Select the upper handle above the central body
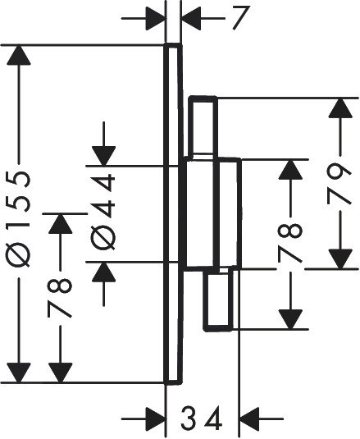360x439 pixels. tap(204, 126)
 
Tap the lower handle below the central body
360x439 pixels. tap(221, 300)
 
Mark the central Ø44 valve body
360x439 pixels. tap(210, 214)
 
